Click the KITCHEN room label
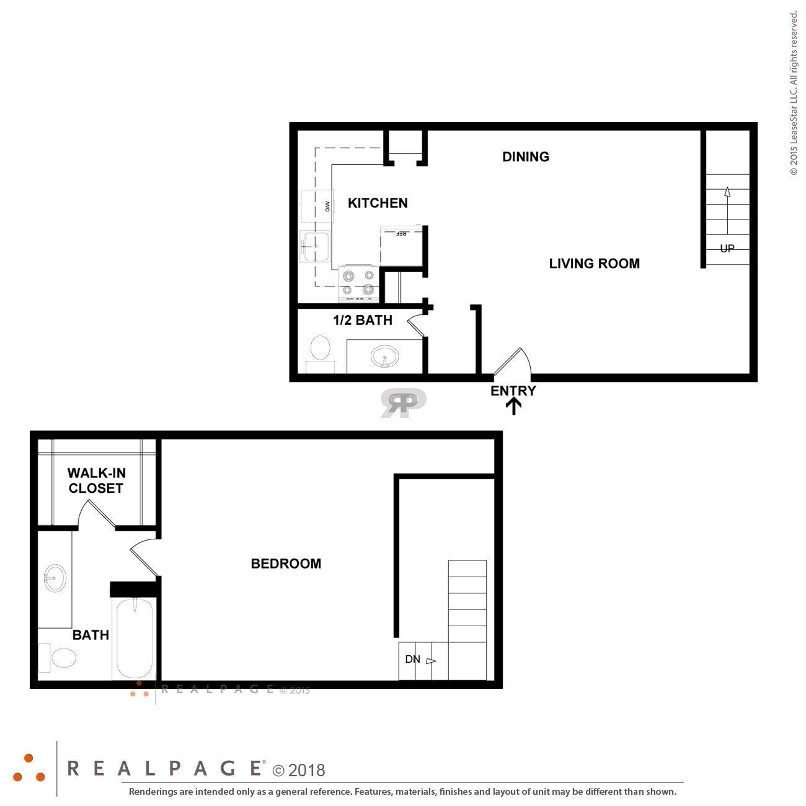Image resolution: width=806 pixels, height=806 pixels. tap(378, 203)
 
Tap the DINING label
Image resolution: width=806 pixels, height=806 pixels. tap(526, 157)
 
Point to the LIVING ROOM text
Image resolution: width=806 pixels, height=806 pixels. tap(594, 263)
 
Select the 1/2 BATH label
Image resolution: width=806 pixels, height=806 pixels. tap(363, 320)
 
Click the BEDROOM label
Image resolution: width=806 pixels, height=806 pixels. tap(286, 564)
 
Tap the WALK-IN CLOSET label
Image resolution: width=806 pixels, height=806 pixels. tap(96, 480)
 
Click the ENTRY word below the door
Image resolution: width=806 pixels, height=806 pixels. tap(513, 391)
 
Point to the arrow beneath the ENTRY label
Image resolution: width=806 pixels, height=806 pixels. tap(514, 406)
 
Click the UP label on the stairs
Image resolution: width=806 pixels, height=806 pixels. tap(727, 249)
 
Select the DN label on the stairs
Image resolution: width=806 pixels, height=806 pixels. tap(413, 659)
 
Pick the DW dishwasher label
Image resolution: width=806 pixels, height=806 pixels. tap(327, 206)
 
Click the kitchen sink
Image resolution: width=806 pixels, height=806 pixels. tap(316, 246)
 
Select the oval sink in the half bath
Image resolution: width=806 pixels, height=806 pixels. tap(385, 357)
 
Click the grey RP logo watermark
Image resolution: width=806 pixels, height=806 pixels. tap(403, 402)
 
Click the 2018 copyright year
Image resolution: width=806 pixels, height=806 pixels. tap(306, 770)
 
